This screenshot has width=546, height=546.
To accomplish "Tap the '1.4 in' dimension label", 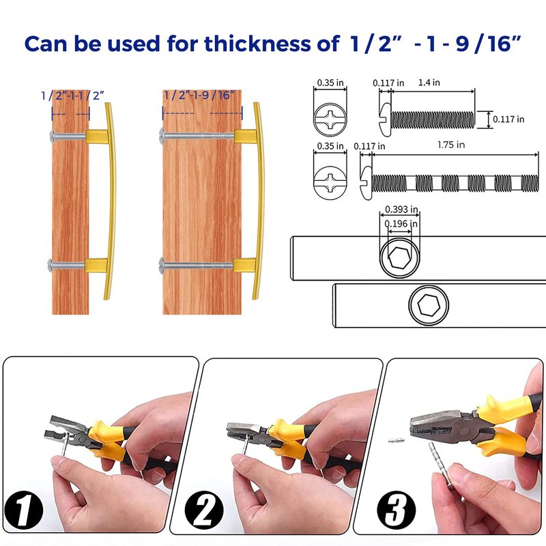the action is click(429, 83).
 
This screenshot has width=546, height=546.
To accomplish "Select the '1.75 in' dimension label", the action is click(451, 145).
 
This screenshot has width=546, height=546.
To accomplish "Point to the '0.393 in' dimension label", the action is click(401, 210).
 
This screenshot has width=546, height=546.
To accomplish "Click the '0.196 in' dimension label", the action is click(401, 224).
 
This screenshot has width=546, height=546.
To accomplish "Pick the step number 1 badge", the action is click(24, 510).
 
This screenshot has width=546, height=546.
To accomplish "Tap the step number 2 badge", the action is click(203, 510).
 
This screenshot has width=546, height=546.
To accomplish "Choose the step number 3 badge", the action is click(397, 510).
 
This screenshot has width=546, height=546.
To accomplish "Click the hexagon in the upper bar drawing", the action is click(399, 258).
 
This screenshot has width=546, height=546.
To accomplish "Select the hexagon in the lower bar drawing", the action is click(429, 304).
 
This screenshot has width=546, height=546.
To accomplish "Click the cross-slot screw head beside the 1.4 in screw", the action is click(330, 119).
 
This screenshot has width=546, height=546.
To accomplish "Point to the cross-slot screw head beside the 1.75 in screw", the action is click(330, 182).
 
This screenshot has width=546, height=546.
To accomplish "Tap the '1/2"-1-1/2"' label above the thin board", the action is click(72, 96).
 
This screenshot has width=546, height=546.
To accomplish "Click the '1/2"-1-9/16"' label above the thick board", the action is click(199, 95).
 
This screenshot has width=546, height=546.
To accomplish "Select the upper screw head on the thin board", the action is click(53, 134).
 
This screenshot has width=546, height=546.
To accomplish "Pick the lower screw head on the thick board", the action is click(162, 264).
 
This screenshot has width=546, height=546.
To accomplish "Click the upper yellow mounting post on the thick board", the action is click(246, 136).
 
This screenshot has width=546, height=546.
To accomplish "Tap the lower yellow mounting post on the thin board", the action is click(96, 265).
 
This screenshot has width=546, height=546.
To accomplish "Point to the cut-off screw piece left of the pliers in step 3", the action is click(397, 440).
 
